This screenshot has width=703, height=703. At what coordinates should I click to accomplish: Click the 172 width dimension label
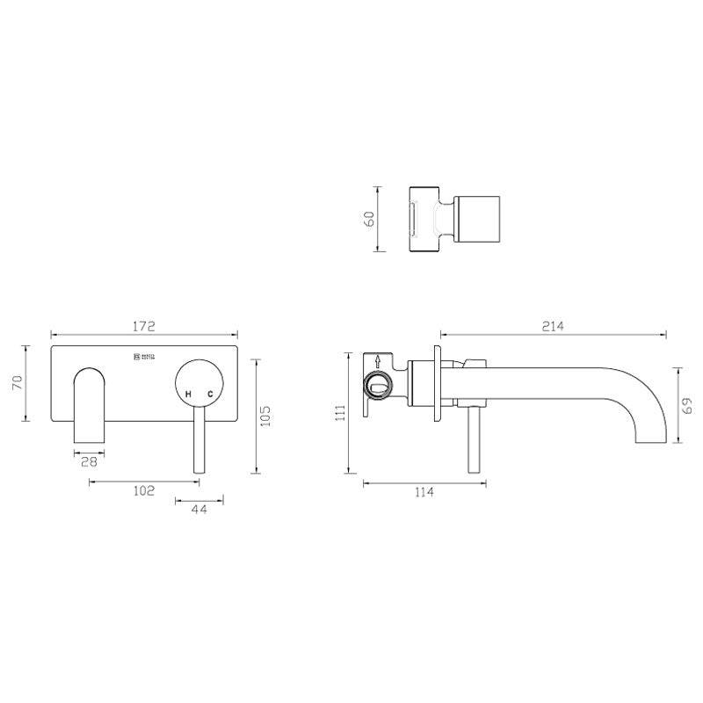(144, 326)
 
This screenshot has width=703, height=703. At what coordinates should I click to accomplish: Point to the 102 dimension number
(143, 490)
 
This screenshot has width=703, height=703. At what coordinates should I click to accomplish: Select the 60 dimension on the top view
(370, 218)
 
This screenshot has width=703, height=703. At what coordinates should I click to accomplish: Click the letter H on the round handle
(189, 395)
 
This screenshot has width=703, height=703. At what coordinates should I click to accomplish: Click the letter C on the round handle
(209, 395)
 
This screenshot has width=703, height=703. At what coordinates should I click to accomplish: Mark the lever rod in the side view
(475, 444)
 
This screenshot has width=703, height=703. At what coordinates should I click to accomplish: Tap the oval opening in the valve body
(380, 384)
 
